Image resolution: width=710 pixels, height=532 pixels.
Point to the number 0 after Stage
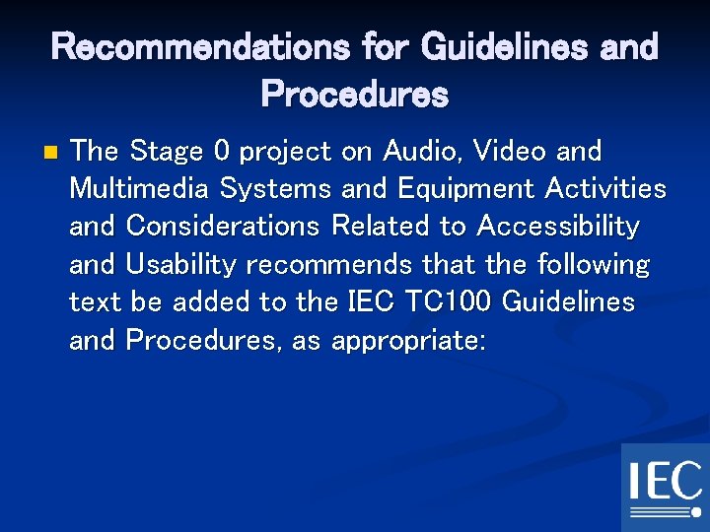click(x=222, y=152)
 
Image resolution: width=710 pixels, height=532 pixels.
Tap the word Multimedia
click(x=140, y=188)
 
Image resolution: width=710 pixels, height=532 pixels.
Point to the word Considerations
click(x=223, y=227)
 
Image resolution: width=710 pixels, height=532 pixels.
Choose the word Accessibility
click(x=557, y=227)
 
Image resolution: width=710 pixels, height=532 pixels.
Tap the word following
click(x=594, y=264)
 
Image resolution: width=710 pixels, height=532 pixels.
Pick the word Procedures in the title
click(x=354, y=95)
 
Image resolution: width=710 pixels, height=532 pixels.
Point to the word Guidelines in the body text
click(x=568, y=301)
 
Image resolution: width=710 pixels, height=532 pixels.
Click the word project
click(x=286, y=153)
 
